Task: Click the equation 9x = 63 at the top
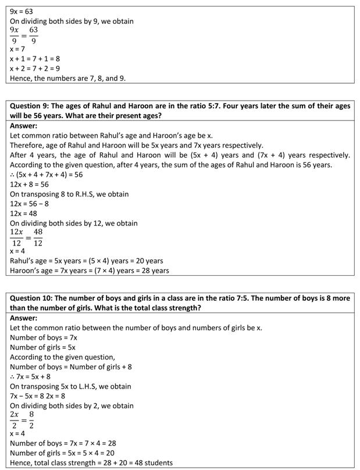click(22, 11)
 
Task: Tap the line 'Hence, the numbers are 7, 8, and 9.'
click(67, 78)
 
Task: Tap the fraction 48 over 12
click(38, 237)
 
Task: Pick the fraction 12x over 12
click(16, 237)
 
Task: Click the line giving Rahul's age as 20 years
click(87, 261)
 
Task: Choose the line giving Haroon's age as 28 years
click(90, 270)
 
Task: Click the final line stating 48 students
click(91, 462)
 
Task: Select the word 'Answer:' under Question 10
click(24, 318)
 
